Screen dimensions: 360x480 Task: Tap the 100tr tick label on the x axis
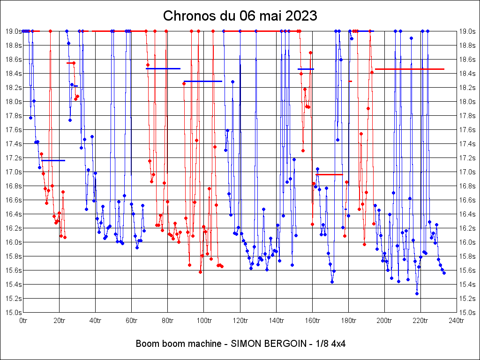tap(204, 321)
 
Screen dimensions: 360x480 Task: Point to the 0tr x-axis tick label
tap(23, 321)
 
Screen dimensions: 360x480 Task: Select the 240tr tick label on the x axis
tap(457, 321)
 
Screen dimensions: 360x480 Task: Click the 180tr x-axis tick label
tap(348, 321)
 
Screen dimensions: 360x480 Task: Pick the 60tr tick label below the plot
tap(132, 321)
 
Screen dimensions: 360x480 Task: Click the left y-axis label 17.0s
tap(14, 172)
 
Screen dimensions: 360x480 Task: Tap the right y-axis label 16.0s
tap(466, 242)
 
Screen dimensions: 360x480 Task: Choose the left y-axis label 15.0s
tap(14, 313)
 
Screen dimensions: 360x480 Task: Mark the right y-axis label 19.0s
tap(466, 31)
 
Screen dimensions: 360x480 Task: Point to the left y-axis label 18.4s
tap(14, 74)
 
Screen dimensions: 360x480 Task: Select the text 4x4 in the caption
tap(338, 344)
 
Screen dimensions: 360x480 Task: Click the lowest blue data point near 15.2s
tap(417, 293)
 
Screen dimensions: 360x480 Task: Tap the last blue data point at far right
tap(444, 273)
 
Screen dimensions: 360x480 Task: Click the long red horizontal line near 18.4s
tap(409, 69)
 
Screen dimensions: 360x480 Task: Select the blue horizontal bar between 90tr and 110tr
tap(202, 81)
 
